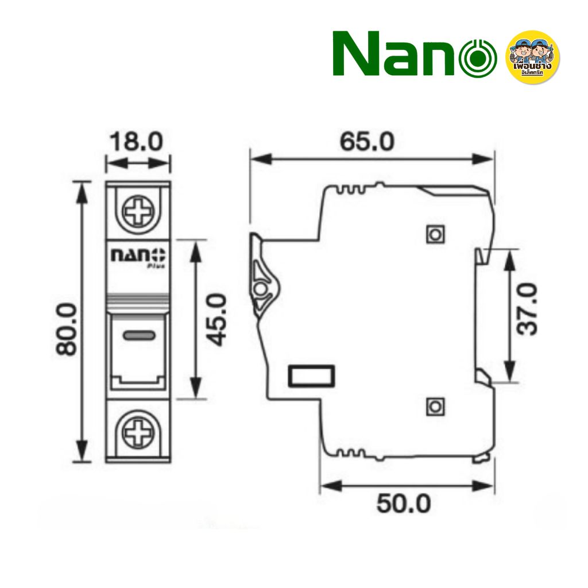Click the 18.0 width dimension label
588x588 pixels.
[x=138, y=142]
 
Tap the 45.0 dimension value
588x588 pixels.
[x=216, y=319]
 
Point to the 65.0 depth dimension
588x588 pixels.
[x=367, y=141]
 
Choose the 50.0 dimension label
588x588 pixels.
[x=404, y=504]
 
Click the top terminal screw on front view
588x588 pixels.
[x=138, y=212]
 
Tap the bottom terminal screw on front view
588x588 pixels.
[x=138, y=431]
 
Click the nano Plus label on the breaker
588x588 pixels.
[x=138, y=256]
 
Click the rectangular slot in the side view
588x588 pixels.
[x=311, y=377]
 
